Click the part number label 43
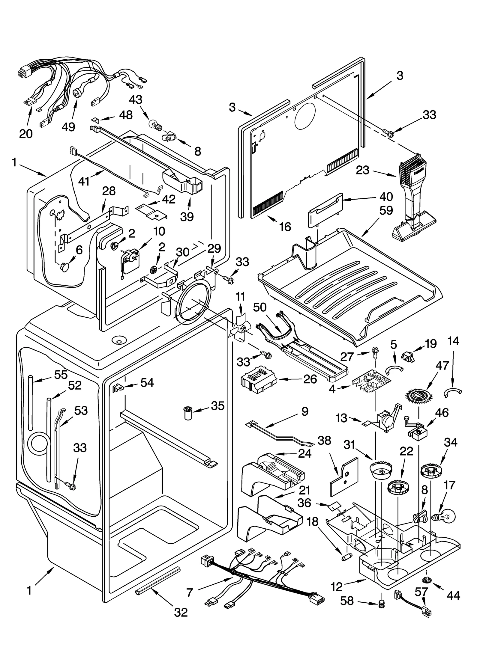tap(136, 100)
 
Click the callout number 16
tap(285, 227)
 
